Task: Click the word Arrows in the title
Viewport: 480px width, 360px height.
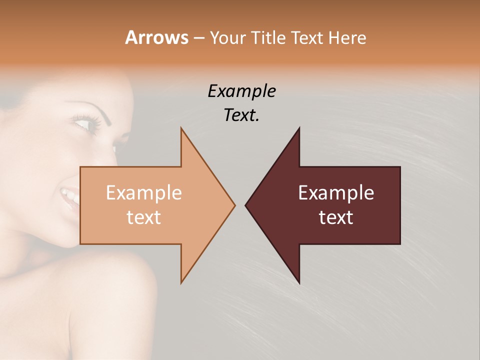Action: [156, 37]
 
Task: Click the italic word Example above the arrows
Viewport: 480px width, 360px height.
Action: [241, 91]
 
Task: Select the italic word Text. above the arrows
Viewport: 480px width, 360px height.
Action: [241, 115]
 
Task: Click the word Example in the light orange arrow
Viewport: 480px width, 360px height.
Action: [143, 193]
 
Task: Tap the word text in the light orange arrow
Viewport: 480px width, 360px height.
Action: [143, 217]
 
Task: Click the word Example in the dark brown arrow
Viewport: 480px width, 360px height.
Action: [336, 193]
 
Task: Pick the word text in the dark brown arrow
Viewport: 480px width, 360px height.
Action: [336, 217]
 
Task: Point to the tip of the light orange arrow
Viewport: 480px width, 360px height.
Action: [234, 205]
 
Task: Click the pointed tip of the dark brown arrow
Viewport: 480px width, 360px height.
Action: [246, 205]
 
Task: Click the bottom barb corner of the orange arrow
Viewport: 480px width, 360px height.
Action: [181, 282]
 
